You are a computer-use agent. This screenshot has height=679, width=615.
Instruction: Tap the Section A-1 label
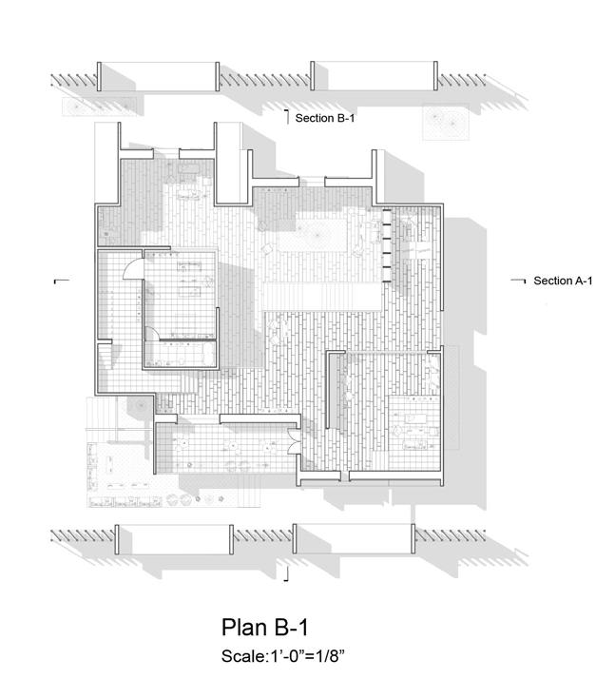coord(563,281)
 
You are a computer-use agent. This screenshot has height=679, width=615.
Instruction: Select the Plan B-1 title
coord(265,628)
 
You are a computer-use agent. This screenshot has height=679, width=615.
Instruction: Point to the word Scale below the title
coord(240,655)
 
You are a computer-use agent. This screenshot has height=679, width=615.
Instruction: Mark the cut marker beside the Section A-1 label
coord(519,281)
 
